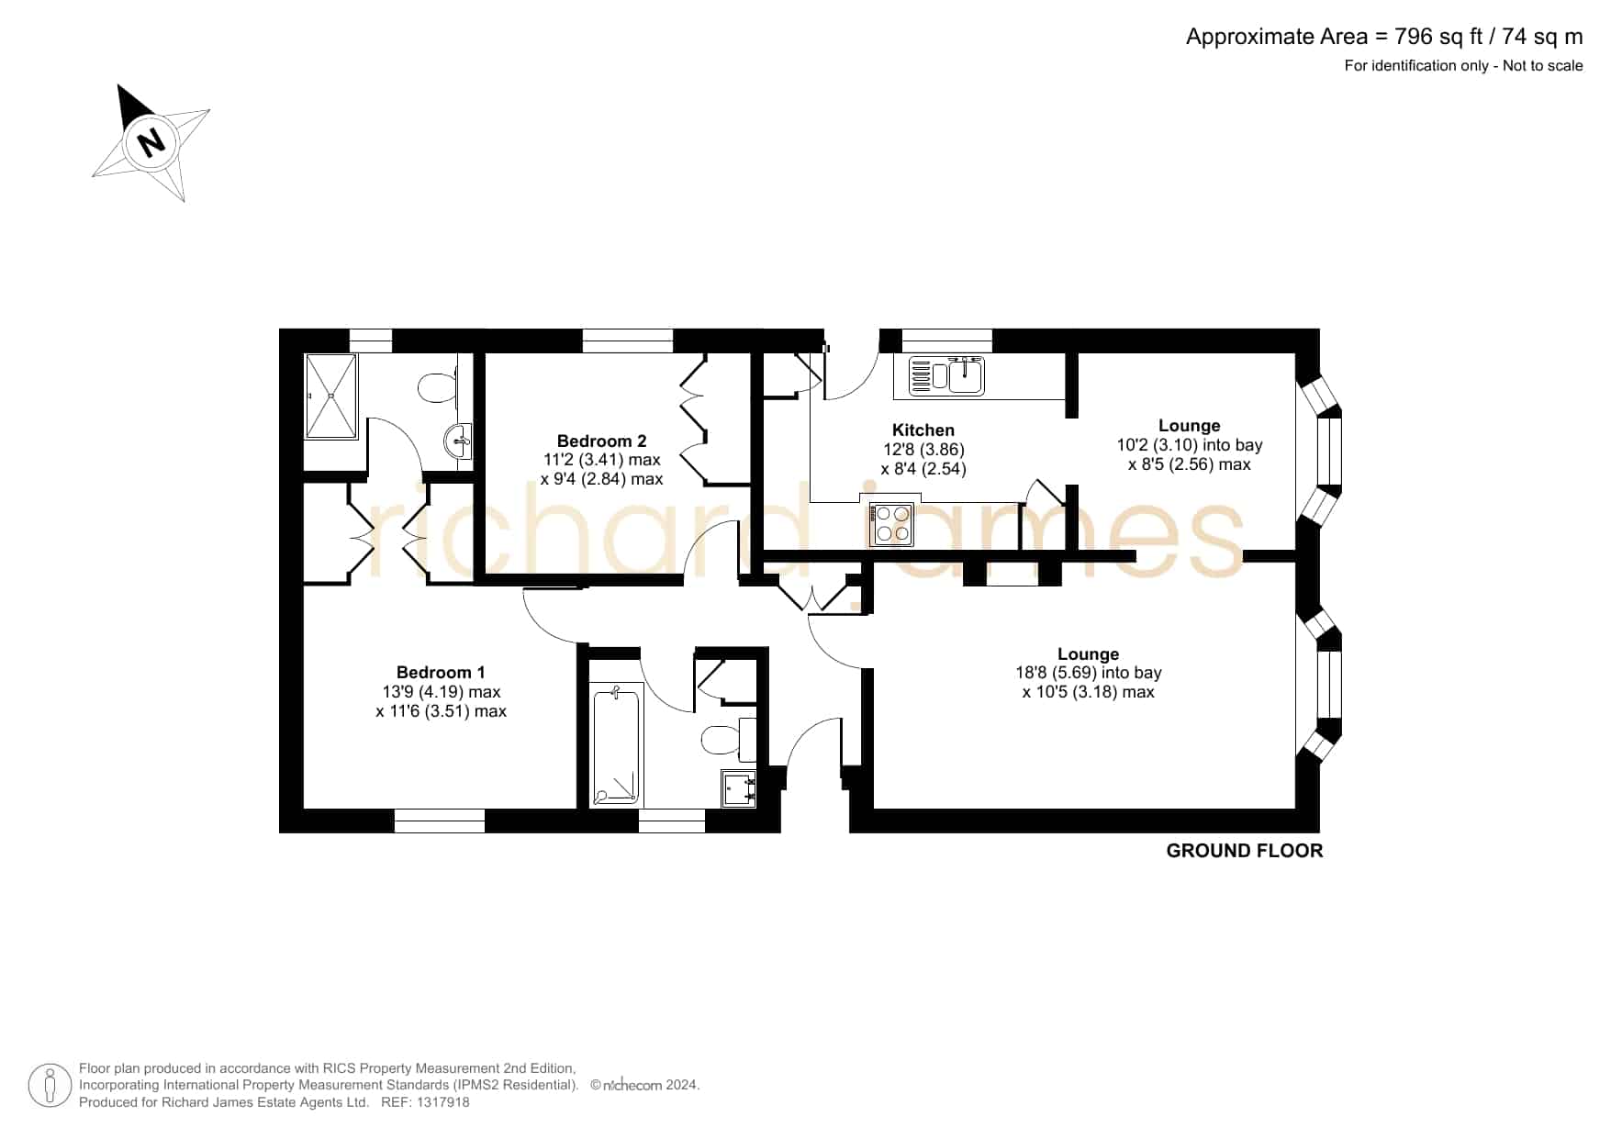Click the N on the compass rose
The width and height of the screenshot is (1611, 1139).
click(x=150, y=142)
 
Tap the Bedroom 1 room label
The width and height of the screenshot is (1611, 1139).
click(x=441, y=673)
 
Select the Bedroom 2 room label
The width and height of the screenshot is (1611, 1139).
click(x=601, y=441)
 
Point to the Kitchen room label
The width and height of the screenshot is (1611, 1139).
click(x=923, y=430)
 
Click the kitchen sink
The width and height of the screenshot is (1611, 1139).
click(x=946, y=376)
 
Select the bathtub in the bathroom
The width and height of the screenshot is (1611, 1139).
click(x=615, y=746)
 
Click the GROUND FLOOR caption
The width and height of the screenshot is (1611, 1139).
click(x=1244, y=851)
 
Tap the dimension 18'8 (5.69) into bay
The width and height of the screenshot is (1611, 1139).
click(x=1088, y=673)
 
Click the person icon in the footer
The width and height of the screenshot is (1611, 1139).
click(x=50, y=1086)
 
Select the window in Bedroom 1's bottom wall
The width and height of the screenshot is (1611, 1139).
click(x=440, y=821)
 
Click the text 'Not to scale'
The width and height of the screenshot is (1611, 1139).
click(x=1542, y=65)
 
